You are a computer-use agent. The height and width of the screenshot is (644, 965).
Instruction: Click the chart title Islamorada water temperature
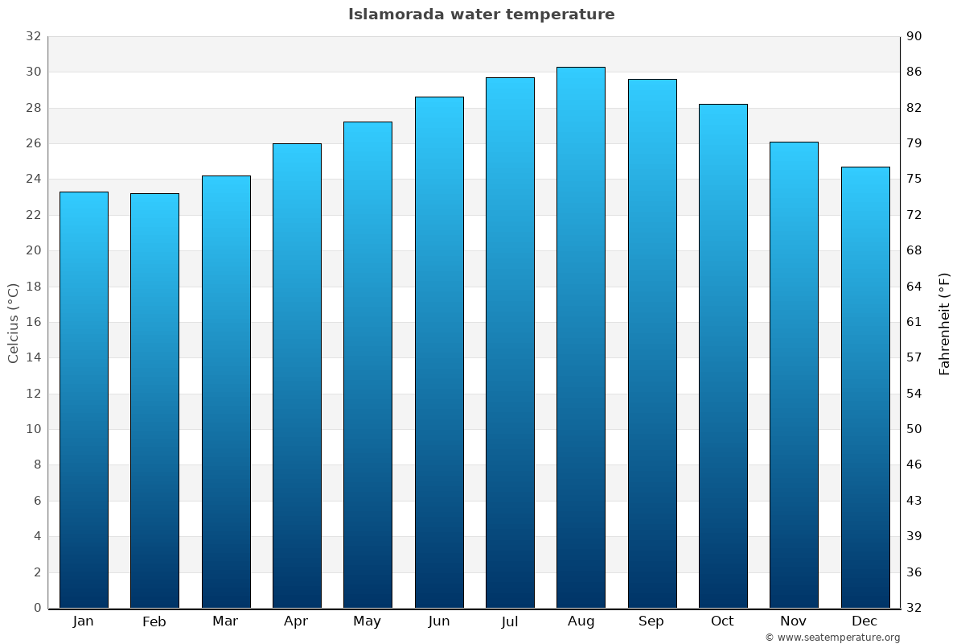(481, 14)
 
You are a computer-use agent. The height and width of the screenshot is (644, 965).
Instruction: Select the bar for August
(581, 338)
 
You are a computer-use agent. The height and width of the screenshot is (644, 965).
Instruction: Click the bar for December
(865, 387)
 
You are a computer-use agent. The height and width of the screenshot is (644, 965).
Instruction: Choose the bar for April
(297, 376)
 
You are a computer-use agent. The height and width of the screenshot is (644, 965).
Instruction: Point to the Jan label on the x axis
(83, 621)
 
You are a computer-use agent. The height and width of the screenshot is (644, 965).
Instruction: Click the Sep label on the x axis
(651, 621)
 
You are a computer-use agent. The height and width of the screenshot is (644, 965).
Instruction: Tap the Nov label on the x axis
(794, 621)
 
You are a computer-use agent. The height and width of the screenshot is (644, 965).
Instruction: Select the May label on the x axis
(368, 621)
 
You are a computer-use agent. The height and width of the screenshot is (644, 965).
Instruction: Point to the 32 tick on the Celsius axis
(33, 37)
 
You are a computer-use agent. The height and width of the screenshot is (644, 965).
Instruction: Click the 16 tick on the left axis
(33, 323)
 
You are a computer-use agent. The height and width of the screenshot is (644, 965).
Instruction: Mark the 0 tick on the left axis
(37, 608)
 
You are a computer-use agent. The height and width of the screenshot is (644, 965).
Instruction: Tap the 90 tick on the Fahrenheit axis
(914, 37)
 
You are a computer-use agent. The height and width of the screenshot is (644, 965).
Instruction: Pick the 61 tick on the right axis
(914, 323)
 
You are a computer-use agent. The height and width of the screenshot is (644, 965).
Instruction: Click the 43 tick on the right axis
(914, 501)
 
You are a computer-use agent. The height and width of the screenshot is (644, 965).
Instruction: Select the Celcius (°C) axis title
(13, 323)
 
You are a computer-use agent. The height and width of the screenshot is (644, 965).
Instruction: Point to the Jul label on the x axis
(509, 621)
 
